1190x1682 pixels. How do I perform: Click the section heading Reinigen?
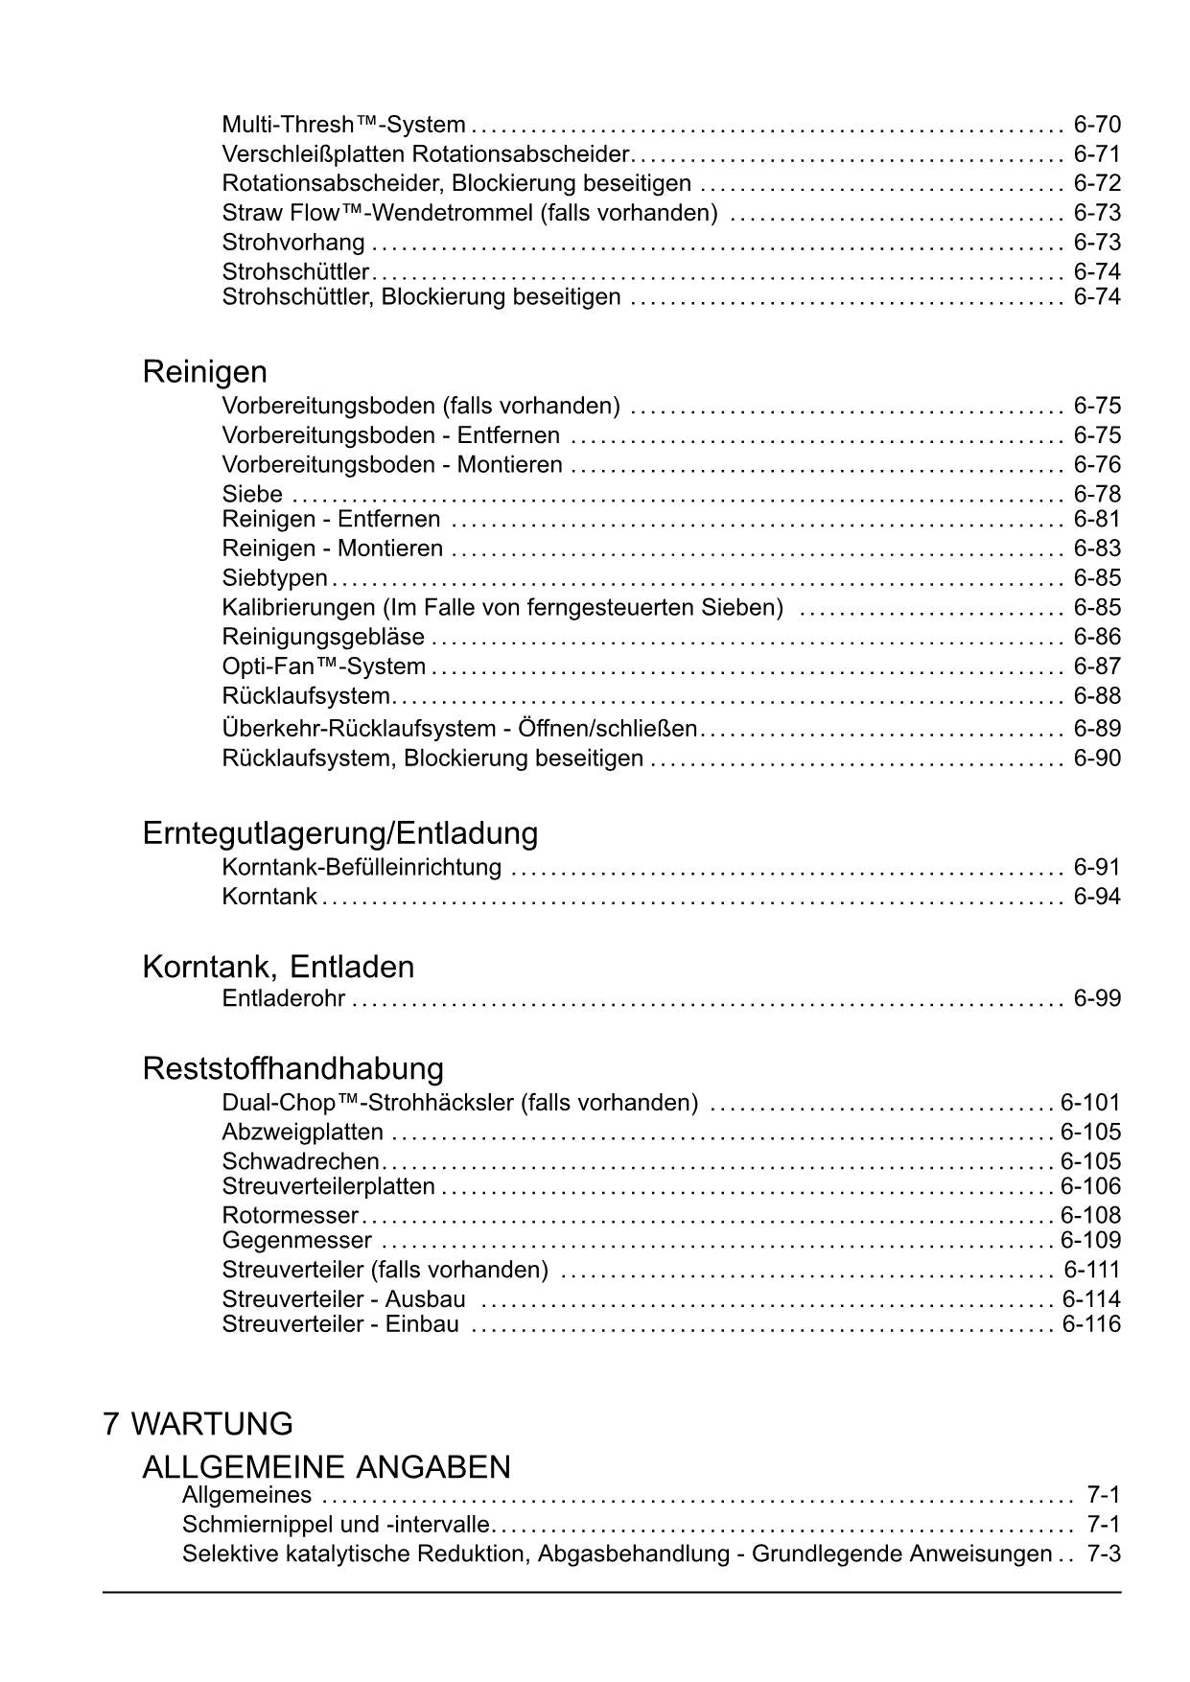coord(204,371)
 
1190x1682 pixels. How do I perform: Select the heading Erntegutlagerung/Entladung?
coord(339,832)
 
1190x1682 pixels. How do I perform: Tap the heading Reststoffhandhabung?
coord(292,1067)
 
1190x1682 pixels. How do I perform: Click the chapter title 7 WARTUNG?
coord(198,1423)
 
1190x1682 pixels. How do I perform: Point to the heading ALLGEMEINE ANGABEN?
coord(326,1466)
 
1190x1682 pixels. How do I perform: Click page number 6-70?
coord(1097,125)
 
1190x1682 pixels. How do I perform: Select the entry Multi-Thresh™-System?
coord(343,125)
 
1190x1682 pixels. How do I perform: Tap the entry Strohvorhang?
coord(293,242)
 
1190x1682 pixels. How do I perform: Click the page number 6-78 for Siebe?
coord(1097,494)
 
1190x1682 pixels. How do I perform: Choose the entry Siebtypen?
coord(274,578)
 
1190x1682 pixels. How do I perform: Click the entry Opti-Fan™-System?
coord(323,666)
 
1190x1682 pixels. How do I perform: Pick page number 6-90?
coord(1097,758)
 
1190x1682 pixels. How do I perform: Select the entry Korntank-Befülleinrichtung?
coord(362,867)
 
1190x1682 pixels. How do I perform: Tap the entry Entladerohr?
coord(283,998)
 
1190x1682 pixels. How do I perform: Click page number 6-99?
coord(1097,998)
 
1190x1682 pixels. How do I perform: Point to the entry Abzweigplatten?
coord(302,1132)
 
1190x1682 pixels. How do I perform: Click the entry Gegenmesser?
coord(296,1240)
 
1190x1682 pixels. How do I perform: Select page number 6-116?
coord(1091,1324)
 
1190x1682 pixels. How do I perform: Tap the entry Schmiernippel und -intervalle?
coord(336,1525)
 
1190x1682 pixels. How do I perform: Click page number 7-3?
coord(1104,1554)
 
